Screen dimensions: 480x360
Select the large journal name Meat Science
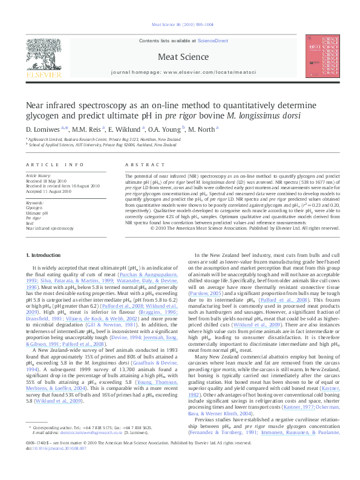tap(179, 57)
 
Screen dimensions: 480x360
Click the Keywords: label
tap(36, 203)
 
